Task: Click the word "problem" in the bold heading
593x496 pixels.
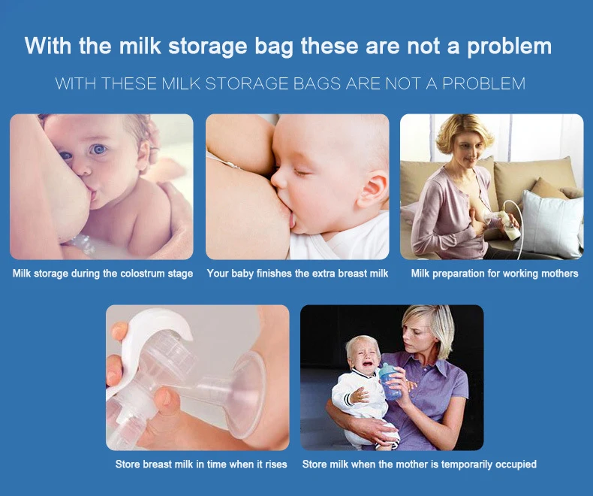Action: click(509, 47)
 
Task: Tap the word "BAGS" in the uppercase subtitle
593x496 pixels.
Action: click(318, 83)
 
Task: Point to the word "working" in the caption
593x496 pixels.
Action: click(521, 274)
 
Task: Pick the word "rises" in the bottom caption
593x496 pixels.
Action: click(275, 464)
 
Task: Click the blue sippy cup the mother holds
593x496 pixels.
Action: click(390, 381)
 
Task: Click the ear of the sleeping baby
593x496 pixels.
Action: click(372, 189)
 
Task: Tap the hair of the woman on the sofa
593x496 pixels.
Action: click(465, 132)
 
